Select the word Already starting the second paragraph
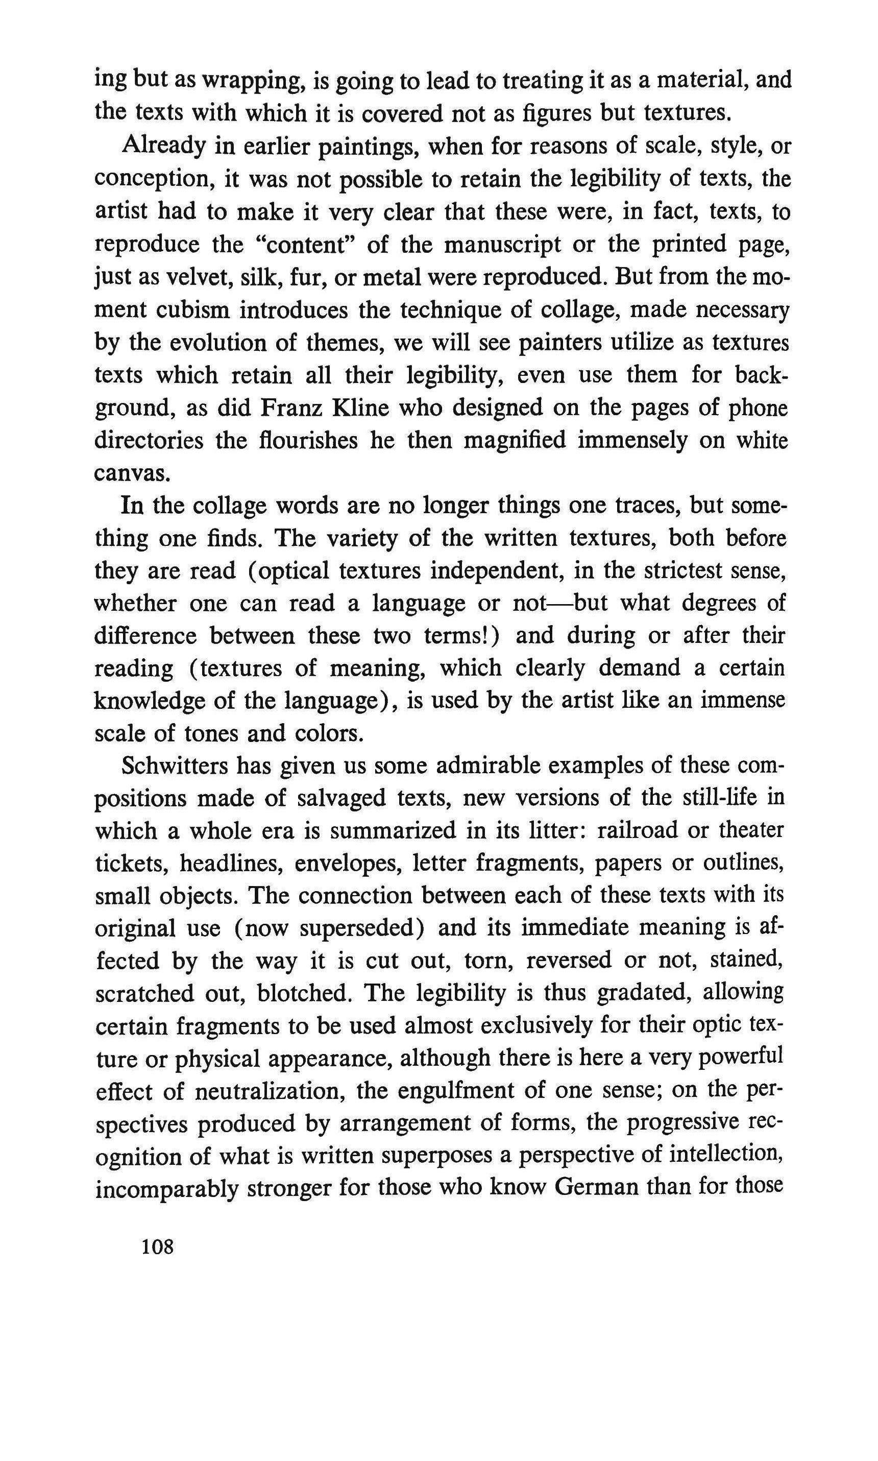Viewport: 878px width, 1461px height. coord(163,146)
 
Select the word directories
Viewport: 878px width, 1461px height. coord(149,440)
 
